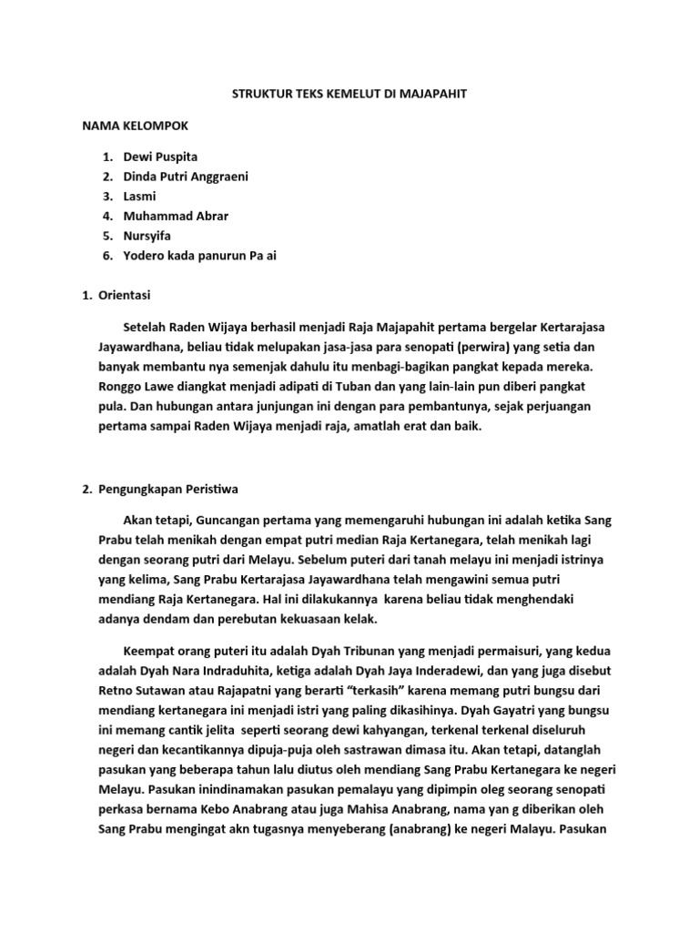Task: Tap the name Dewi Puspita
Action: pos(160,157)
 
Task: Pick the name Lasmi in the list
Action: pos(139,197)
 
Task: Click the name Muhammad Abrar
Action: pos(176,217)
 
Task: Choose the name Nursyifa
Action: pos(147,236)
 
